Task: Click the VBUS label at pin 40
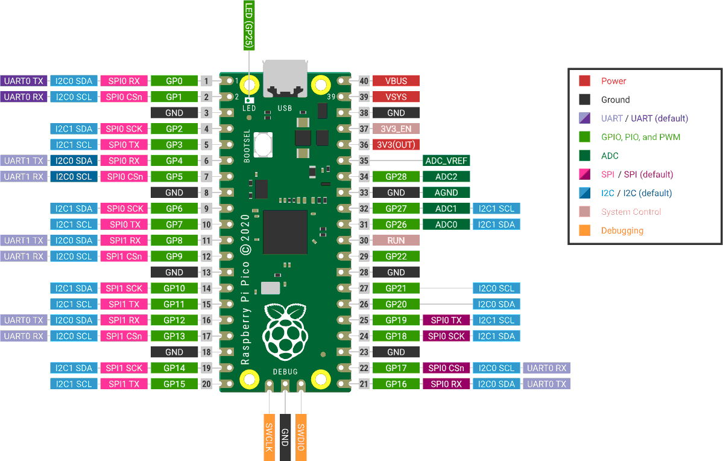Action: pos(396,81)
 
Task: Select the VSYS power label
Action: pos(396,97)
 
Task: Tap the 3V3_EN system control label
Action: pos(396,129)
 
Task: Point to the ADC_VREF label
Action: pos(446,161)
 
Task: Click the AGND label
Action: pos(446,192)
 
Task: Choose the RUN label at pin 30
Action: pos(396,240)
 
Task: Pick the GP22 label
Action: pos(396,256)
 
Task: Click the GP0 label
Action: pos(174,81)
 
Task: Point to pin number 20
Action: pos(207,384)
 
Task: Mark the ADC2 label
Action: pos(446,177)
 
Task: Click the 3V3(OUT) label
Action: pos(396,145)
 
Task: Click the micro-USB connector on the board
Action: pos(285,78)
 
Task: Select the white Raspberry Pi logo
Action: pos(285,332)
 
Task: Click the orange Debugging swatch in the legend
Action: pos(584,230)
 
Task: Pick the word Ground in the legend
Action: pos(615,100)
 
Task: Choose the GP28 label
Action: pos(396,177)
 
